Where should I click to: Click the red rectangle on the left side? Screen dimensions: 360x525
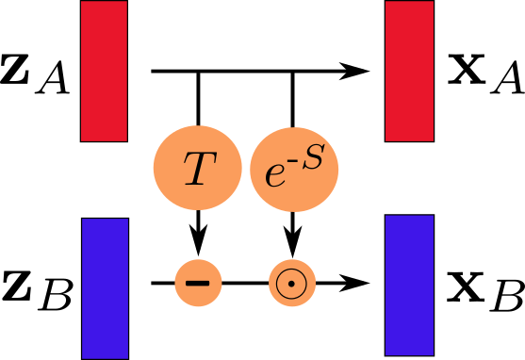pyautogui.click(x=104, y=71)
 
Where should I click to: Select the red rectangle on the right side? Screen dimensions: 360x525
pyautogui.click(x=409, y=71)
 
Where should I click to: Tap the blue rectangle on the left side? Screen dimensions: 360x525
pyautogui.click(x=105, y=288)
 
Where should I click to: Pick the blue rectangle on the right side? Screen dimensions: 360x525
pyautogui.click(x=409, y=285)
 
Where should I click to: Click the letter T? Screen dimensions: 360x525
pyautogui.click(x=198, y=170)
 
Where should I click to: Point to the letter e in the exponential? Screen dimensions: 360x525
pyautogui.click(x=274, y=176)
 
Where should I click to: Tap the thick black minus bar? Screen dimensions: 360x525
pyautogui.click(x=198, y=283)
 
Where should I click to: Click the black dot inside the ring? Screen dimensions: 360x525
pyautogui.click(x=292, y=283)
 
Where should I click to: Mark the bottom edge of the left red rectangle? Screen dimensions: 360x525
pyautogui.click(x=104, y=140)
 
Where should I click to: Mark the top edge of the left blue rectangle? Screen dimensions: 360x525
pyautogui.click(x=105, y=220)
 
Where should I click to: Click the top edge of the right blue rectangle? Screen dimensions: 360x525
pyautogui.click(x=409, y=216)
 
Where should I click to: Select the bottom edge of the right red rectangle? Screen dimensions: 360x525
pyautogui.click(x=409, y=140)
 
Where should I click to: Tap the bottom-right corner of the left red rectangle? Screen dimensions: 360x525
pyautogui.click(x=126, y=140)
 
